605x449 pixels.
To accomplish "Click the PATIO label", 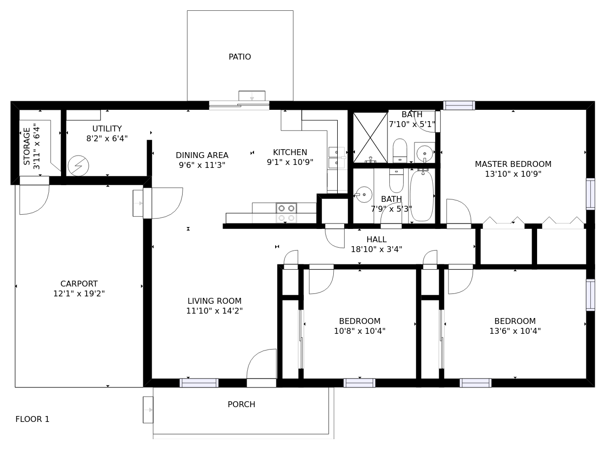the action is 240,57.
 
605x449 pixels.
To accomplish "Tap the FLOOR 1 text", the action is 32,419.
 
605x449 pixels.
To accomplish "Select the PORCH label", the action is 241,404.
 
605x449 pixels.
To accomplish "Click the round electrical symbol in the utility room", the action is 78,165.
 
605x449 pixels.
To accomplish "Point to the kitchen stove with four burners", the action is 286,213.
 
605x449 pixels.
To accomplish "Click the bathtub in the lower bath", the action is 422,195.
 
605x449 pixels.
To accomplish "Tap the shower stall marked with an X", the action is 370,137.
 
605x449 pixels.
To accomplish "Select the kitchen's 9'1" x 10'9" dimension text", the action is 290,162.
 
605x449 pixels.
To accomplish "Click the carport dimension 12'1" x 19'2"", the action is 79,293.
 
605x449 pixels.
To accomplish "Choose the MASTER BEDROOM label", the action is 513,164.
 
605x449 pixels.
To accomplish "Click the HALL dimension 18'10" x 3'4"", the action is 377,249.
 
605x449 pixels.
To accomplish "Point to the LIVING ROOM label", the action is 215,301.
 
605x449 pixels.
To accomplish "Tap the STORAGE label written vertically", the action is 27,147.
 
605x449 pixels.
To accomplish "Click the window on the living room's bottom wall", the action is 199,383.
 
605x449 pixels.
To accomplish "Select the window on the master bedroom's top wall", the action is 459,105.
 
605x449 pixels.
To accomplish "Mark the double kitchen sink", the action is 337,158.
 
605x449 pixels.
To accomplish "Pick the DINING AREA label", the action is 202,155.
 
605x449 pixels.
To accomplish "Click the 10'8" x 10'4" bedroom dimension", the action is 360,331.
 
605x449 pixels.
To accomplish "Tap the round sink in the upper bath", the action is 425,153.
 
